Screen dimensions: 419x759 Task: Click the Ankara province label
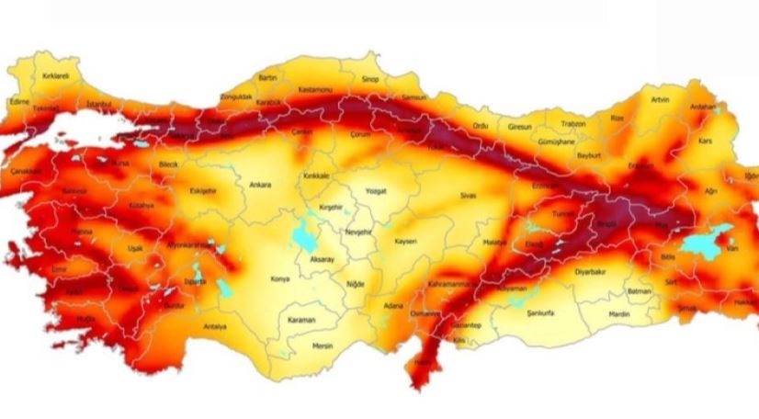point(260,185)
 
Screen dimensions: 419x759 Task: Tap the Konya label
point(279,277)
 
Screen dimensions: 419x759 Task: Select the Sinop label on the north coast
point(370,80)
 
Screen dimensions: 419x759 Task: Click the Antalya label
point(214,325)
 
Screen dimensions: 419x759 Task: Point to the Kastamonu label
point(316,90)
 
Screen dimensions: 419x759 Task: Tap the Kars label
point(706,142)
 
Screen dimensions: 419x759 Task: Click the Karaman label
point(300,320)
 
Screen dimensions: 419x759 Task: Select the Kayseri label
point(405,241)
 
